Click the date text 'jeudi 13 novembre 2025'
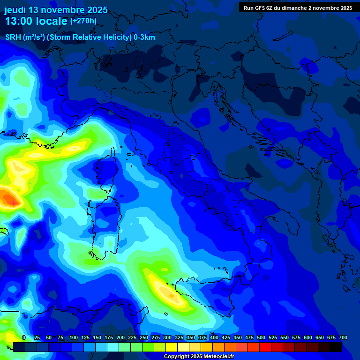[x=56, y=10]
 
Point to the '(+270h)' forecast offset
[x=83, y=21]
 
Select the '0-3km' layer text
[x=144, y=37]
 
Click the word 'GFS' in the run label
[x=260, y=8]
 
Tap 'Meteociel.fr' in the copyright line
[x=210, y=357]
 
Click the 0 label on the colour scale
[x=24, y=337]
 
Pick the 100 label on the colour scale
[x=74, y=337]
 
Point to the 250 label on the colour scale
[x=144, y=337]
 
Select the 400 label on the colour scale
[x=214, y=337]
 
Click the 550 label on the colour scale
[x=285, y=337]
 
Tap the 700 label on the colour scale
[x=343, y=337]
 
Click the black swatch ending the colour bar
[x=336, y=347]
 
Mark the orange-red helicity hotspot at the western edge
[x=9, y=198]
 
